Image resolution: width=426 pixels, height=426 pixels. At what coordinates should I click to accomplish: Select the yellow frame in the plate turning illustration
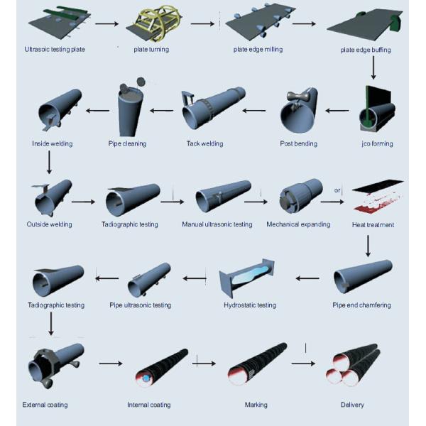click(158, 26)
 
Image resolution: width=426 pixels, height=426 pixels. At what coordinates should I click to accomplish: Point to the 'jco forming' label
click(376, 144)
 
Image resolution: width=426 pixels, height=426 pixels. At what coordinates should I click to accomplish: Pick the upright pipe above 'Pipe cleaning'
click(129, 110)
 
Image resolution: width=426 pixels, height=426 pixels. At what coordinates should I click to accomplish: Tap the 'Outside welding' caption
click(49, 225)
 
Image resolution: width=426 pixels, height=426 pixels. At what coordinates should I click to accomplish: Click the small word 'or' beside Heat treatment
click(338, 190)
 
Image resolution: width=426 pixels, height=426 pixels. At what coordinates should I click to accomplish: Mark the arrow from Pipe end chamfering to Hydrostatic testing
click(307, 278)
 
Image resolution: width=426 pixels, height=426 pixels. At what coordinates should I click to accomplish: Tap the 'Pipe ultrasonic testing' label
click(140, 305)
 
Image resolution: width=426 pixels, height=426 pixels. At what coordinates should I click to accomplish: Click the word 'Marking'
click(256, 405)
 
